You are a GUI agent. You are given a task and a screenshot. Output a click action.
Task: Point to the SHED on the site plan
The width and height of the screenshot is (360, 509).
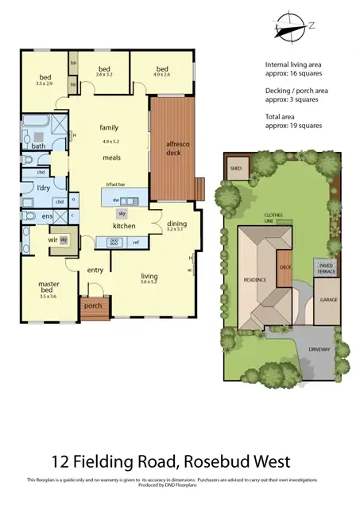tap(236, 169)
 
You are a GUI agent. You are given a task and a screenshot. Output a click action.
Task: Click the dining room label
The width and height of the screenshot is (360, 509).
tap(176, 224)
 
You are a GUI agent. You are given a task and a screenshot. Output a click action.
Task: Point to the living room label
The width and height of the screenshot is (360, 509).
tap(149, 275)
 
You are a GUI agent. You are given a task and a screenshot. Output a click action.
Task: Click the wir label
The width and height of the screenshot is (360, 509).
tap(52, 239)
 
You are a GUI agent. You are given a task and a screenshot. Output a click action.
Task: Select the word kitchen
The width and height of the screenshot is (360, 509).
tap(124, 227)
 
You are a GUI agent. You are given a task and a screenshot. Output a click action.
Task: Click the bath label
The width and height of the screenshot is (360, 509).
tap(38, 146)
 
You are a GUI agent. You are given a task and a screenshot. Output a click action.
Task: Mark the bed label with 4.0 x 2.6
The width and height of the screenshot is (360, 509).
tap(162, 69)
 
